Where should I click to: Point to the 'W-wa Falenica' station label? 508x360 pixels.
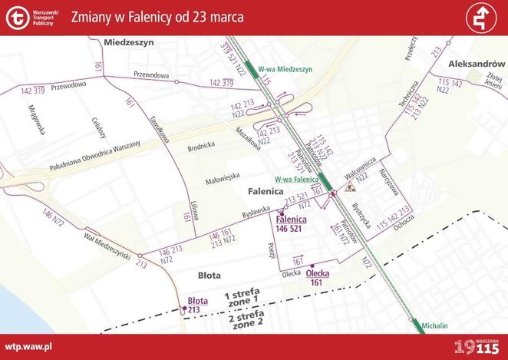[296, 179]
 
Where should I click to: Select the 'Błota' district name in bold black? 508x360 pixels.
[209, 274]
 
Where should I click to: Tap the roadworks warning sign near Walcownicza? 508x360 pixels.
[352, 186]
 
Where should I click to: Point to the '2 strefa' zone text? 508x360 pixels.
[246, 317]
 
